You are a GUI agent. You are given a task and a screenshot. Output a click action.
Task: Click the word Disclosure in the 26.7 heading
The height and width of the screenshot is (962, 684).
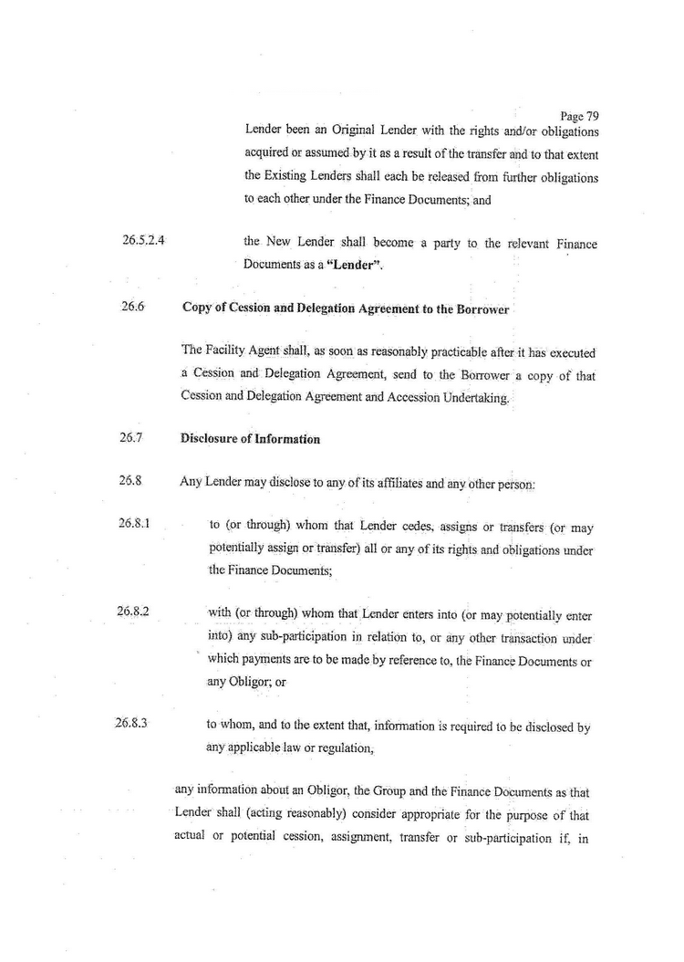212,439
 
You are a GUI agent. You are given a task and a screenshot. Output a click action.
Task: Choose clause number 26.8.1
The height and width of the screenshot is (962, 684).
134,525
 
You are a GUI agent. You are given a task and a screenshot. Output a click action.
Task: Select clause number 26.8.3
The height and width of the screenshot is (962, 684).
132,726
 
